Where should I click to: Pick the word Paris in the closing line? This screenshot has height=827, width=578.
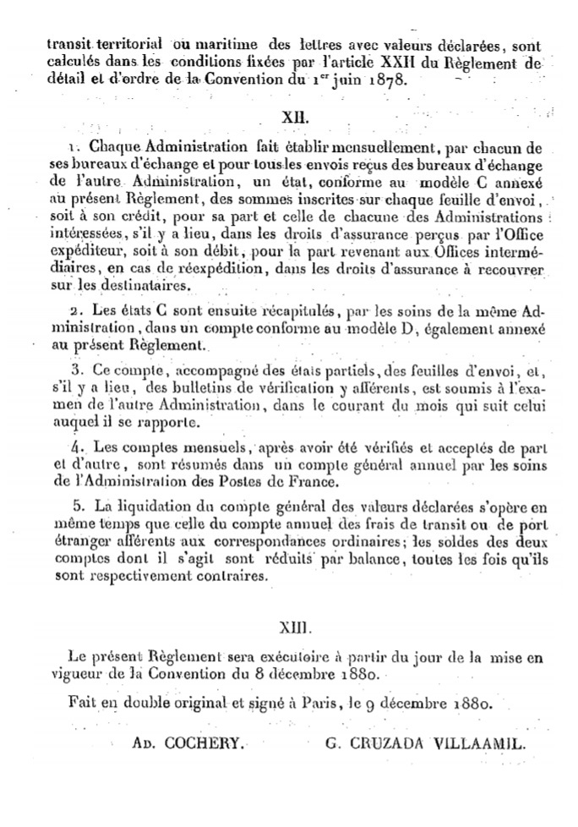coord(339,703)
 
